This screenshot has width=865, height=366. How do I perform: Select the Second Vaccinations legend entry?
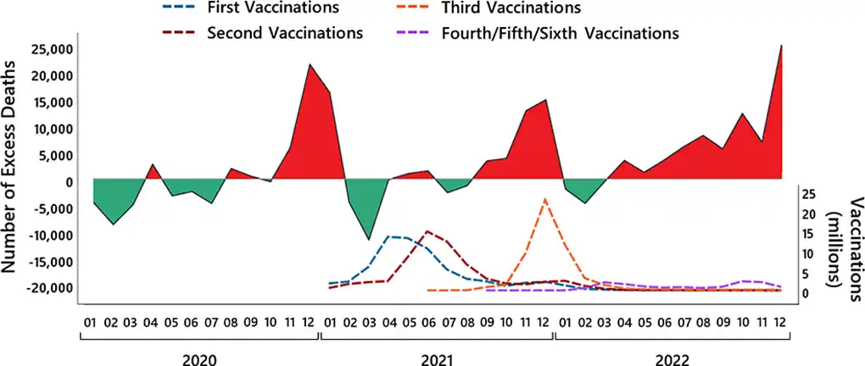pos(285,33)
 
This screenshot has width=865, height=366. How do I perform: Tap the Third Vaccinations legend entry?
pos(511,8)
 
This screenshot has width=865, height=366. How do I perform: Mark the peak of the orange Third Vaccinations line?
pos(544,200)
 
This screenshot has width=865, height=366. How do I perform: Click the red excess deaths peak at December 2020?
pos(310,64)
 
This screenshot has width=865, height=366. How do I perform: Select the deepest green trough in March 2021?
pos(368,240)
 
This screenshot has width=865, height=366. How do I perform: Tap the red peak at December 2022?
pos(780,46)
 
